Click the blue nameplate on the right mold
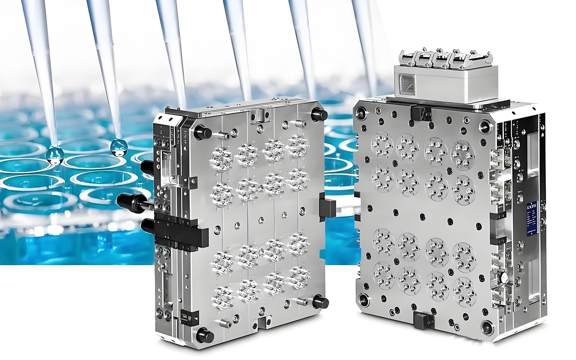tap(531, 217)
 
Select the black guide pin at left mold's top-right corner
tap(318, 114)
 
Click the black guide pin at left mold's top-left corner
tap(203, 132)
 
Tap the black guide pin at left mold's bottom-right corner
tap(320, 302)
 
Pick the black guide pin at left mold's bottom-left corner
tap(204, 335)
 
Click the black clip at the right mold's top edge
tap(421, 113)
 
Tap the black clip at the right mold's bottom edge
tap(424, 319)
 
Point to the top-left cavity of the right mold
tap(382, 144)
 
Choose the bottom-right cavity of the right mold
tap(464, 291)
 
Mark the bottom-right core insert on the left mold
tap(298, 276)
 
